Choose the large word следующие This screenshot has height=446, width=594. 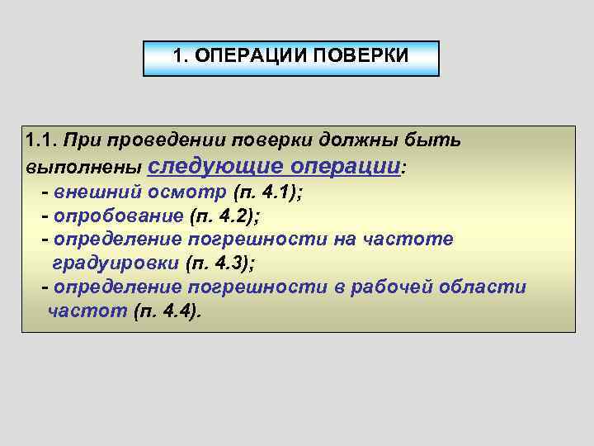(215, 165)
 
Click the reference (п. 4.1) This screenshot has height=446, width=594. (269, 192)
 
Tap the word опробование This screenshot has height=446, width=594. (119, 216)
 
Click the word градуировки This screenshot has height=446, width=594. (115, 263)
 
